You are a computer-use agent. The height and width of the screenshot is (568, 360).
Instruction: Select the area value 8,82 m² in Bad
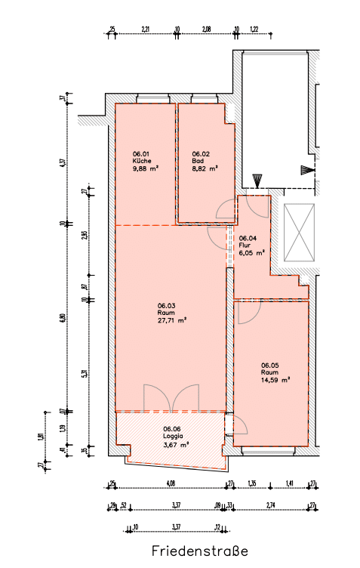coord(205,169)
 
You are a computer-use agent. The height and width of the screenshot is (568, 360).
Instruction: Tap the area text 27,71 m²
coord(172,320)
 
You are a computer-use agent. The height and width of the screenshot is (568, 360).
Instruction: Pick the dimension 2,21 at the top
coord(146,30)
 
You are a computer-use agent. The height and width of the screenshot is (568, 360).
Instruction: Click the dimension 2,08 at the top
coord(207,30)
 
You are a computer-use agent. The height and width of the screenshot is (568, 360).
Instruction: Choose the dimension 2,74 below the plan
coord(272,505)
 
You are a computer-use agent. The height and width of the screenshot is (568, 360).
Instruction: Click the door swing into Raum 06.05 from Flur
coord(247,312)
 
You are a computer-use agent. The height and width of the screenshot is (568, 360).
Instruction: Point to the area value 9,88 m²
coord(146,169)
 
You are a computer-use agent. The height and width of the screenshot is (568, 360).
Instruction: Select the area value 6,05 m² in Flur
coord(251,253)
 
